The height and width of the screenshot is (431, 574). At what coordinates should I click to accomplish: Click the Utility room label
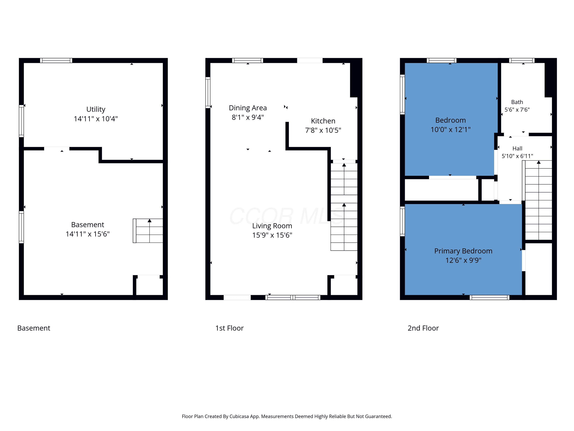pyautogui.click(x=96, y=109)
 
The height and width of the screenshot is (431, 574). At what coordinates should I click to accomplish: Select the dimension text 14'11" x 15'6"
pyautogui.click(x=88, y=234)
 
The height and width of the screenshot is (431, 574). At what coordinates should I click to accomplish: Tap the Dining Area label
pyautogui.click(x=248, y=108)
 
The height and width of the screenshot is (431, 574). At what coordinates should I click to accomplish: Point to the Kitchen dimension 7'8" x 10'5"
pyautogui.click(x=323, y=130)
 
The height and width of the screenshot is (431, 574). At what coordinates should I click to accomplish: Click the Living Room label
pyautogui.click(x=272, y=226)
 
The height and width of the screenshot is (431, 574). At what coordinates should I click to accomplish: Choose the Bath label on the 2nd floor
pyautogui.click(x=517, y=102)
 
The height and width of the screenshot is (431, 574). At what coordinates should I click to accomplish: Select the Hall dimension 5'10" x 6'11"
pyautogui.click(x=517, y=156)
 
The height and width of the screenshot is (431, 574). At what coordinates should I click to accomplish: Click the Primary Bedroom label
pyautogui.click(x=463, y=251)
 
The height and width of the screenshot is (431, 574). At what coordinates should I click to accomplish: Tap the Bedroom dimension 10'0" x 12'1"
pyautogui.click(x=450, y=129)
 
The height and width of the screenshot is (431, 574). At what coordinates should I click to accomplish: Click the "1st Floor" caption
pyautogui.click(x=229, y=328)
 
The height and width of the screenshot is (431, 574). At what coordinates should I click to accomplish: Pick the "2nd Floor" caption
pyautogui.click(x=423, y=328)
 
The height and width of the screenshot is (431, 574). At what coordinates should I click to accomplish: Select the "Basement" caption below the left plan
pyautogui.click(x=34, y=328)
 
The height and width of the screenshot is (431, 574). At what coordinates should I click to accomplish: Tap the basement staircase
pyautogui.click(x=148, y=231)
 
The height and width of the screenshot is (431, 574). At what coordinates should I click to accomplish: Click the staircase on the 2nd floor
pyautogui.click(x=537, y=200)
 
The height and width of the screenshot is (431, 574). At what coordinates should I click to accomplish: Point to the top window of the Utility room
pyautogui.click(x=56, y=61)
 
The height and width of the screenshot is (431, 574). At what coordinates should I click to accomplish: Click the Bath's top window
pyautogui.click(x=522, y=61)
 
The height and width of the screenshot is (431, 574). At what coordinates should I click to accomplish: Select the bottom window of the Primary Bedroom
pyautogui.click(x=489, y=297)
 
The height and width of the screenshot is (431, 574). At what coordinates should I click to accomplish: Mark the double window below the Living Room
pyautogui.click(x=293, y=297)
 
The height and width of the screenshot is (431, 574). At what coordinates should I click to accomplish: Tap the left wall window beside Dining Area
pyautogui.click(x=208, y=93)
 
